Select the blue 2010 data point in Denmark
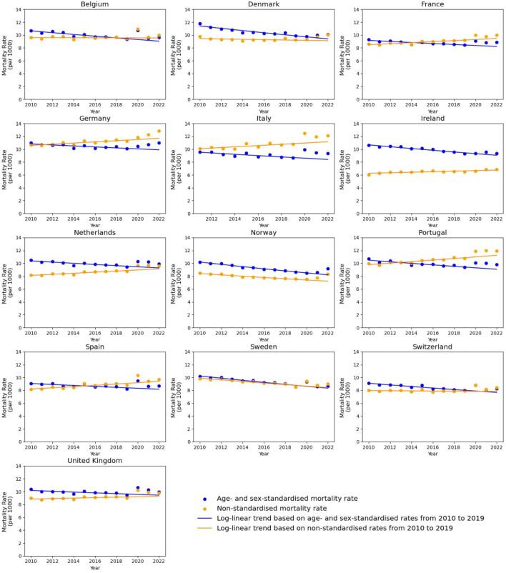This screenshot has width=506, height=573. point(199,24)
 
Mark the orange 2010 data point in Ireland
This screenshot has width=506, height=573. point(368,174)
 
